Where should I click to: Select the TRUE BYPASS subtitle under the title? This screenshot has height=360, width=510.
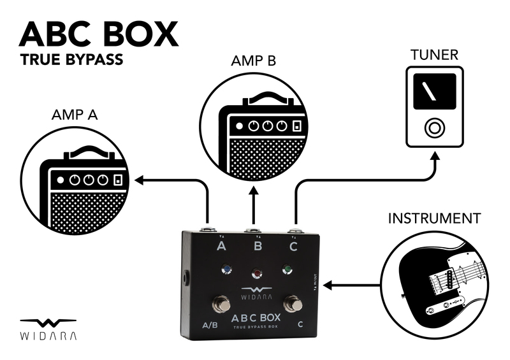[71, 62]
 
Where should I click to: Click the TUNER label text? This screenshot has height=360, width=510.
[434, 55]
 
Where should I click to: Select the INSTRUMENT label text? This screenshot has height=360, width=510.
[433, 219]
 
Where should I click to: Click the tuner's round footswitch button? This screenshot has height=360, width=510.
[435, 128]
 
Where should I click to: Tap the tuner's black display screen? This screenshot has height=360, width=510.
[434, 90]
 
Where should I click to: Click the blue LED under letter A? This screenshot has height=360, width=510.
[226, 270]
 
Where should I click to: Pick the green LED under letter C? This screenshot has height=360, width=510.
[288, 270]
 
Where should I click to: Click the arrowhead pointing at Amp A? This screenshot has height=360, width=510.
[139, 181]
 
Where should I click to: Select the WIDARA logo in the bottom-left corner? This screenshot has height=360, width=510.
[48, 328]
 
